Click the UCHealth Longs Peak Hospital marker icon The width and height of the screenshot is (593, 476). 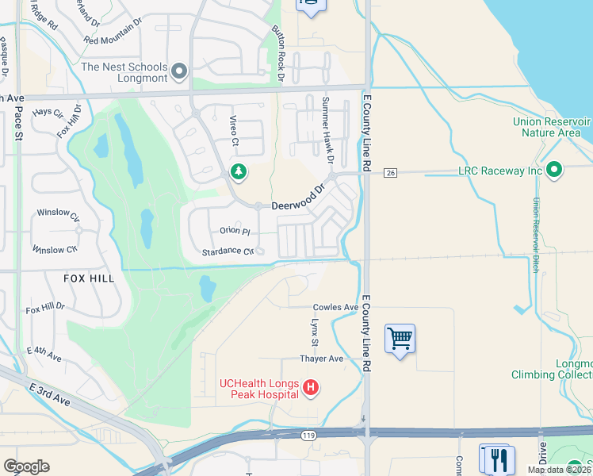(x=312, y=388)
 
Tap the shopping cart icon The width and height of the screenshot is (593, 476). (x=400, y=340)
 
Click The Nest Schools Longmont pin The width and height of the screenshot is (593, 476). (x=179, y=72)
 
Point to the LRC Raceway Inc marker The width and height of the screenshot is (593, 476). (x=554, y=171)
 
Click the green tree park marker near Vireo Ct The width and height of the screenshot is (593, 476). (x=238, y=171)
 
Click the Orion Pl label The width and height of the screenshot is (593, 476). (x=235, y=232)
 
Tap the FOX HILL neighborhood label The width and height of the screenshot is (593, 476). (x=90, y=278)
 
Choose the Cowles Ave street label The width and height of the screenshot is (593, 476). (x=336, y=307)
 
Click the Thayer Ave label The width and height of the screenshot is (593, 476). (x=321, y=359)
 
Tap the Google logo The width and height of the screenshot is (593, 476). (x=26, y=466)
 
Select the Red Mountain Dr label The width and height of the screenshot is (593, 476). (x=112, y=40)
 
